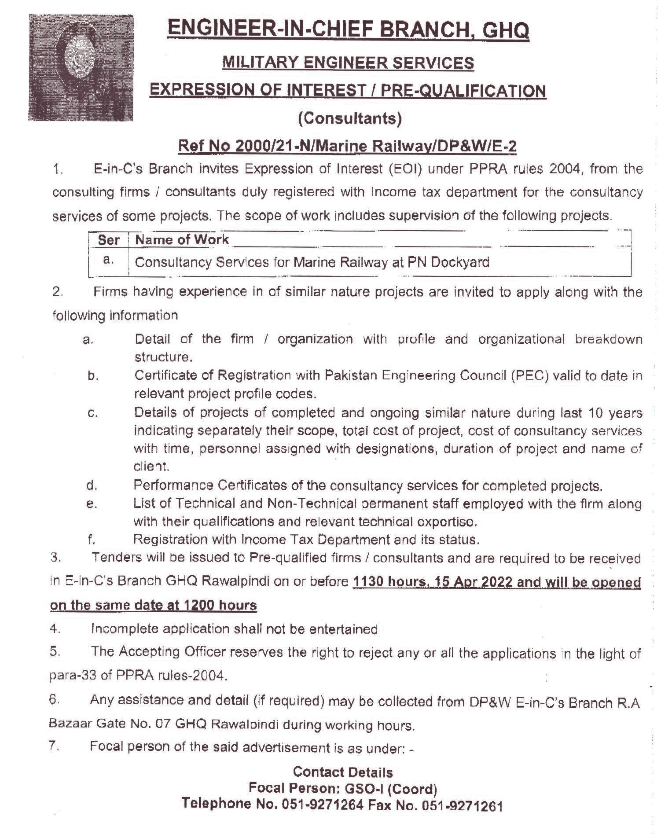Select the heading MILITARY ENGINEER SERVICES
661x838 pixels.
[348, 63]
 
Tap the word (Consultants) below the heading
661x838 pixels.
[350, 118]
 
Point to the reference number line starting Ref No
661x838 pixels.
[347, 146]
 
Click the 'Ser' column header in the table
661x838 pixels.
[108, 240]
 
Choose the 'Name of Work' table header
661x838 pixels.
[182, 239]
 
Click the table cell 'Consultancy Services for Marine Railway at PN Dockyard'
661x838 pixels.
[312, 262]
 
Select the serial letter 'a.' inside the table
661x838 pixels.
[108, 260]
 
